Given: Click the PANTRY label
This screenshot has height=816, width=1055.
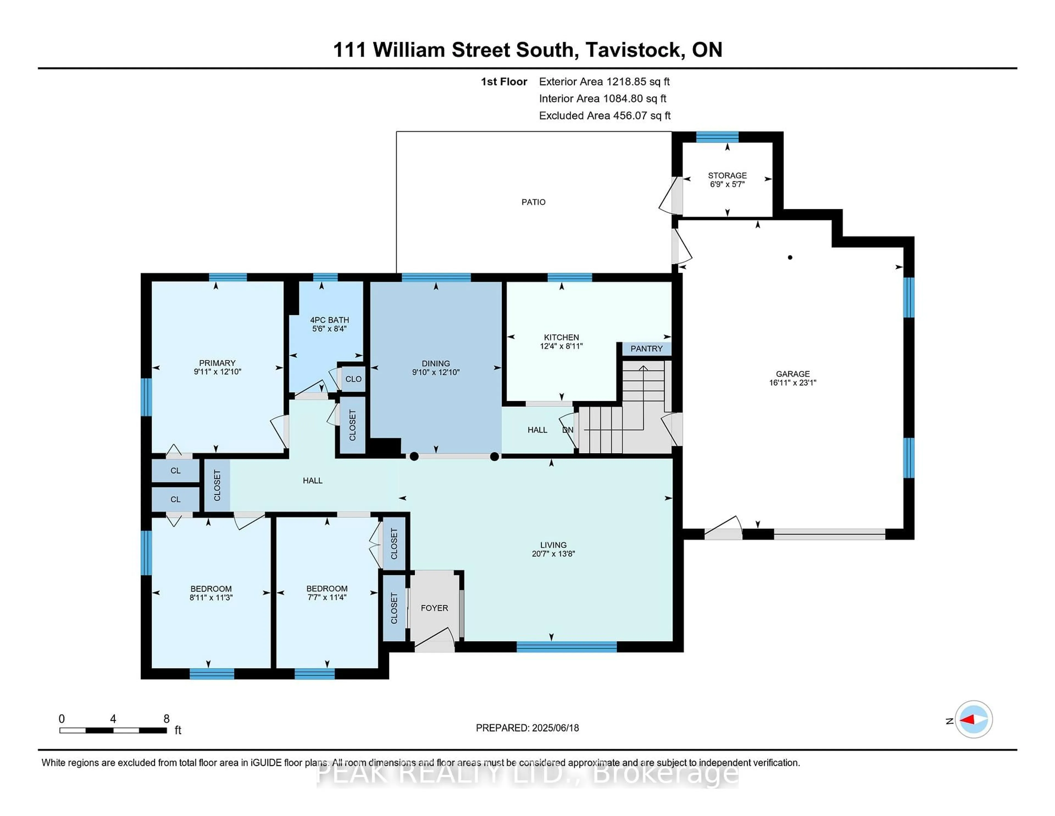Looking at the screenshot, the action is pos(646,349).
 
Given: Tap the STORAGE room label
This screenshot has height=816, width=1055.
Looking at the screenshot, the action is pos(727,175).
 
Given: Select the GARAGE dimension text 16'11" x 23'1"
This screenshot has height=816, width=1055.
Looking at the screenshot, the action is pos(793,382).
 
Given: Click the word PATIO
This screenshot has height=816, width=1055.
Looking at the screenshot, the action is pos(533,202).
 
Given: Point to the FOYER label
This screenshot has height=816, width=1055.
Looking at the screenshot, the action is pos(434,608).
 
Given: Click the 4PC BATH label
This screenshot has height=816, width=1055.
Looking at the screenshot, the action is pos(329,320).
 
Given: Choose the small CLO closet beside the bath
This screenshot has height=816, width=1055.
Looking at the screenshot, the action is pos(353,379).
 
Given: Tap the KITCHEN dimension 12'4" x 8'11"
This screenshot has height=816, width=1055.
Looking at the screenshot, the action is pos(561,346).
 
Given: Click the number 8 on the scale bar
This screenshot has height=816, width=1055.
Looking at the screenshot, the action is pos(167,719).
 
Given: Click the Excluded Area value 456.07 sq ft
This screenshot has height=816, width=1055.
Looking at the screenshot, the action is pos(642,115).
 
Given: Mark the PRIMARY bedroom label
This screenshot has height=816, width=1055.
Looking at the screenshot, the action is pos(217,363).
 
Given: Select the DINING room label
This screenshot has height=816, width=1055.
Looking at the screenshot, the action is pos(436,363).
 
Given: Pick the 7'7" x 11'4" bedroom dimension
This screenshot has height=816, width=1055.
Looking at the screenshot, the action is pos(327,597).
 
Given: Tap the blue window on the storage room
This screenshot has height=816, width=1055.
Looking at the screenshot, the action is pos(717,137).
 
